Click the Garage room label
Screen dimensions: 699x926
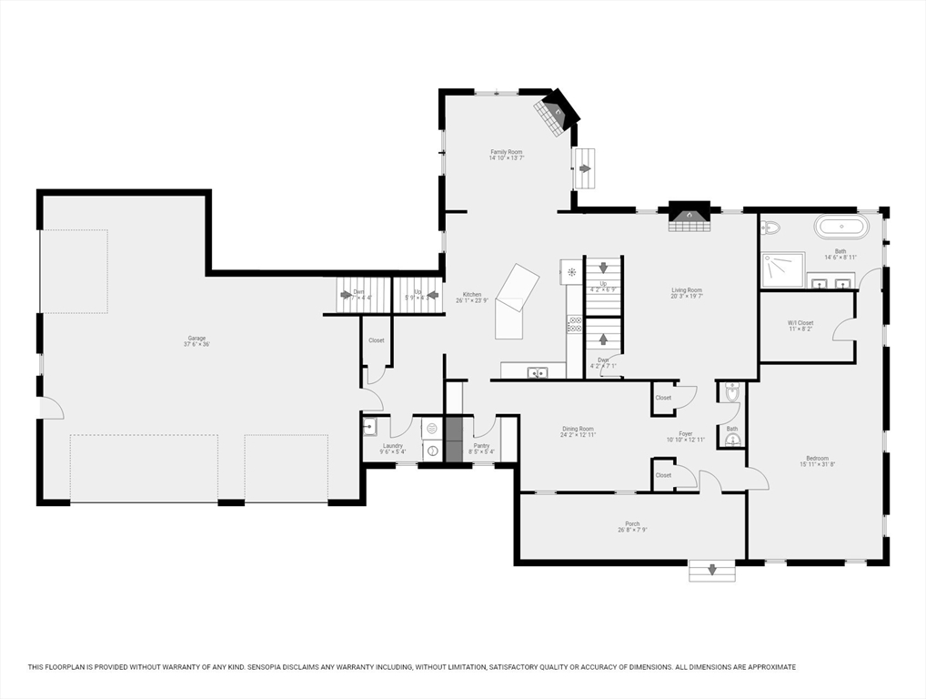[x=197, y=338]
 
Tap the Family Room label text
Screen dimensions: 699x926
[x=507, y=152]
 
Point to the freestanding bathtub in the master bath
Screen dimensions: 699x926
[x=841, y=227]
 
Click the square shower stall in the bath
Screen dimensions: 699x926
[x=782, y=269]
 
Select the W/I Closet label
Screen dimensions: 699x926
[x=800, y=323]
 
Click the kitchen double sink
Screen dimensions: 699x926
[x=538, y=371]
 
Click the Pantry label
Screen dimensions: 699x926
[x=481, y=445]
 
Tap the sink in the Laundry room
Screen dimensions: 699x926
[x=369, y=426]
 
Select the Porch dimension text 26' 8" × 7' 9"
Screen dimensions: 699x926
[x=632, y=530]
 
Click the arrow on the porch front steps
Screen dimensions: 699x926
[x=711, y=571]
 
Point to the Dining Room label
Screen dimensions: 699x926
[x=578, y=429]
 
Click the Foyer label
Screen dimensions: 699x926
[x=686, y=434]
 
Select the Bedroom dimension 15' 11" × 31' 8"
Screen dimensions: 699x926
[x=817, y=465]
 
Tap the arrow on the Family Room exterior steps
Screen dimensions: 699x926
[x=585, y=168]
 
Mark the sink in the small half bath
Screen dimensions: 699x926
[x=732, y=441]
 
